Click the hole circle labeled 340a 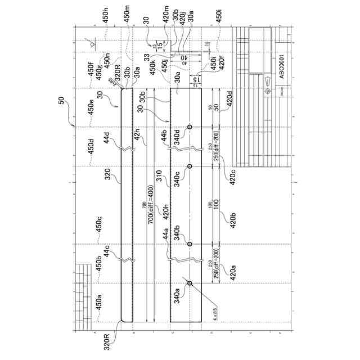(190, 283)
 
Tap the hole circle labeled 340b (190, 244)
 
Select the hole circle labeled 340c (190, 166)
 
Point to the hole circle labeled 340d (190, 128)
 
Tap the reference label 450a (98, 303)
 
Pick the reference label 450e (91, 106)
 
